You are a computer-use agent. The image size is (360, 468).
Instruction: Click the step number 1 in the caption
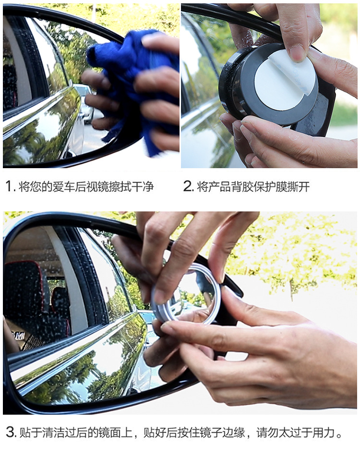[x=9, y=187]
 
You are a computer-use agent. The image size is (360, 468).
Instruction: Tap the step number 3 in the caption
[x=11, y=432]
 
